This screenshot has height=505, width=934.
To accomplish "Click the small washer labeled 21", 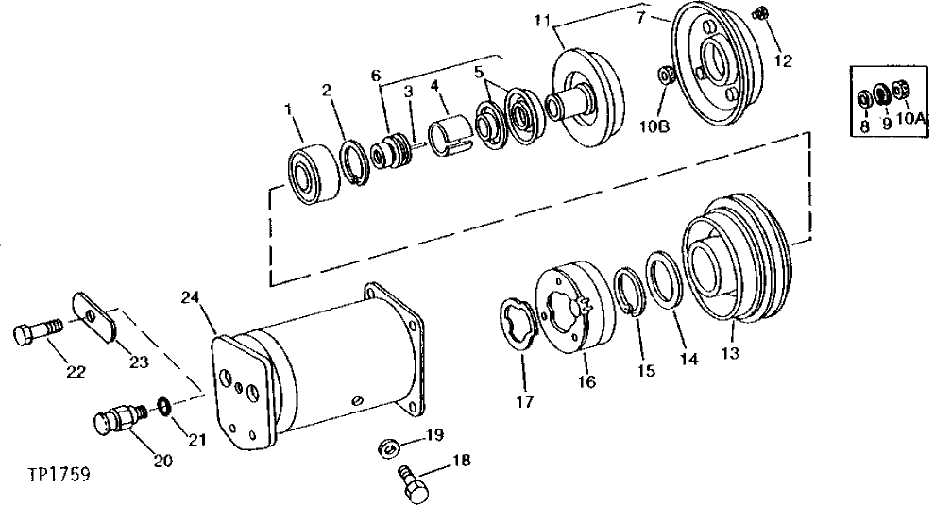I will (164, 407).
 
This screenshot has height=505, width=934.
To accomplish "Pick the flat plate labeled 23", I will (94, 315).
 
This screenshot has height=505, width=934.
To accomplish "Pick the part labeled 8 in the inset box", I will (864, 98).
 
